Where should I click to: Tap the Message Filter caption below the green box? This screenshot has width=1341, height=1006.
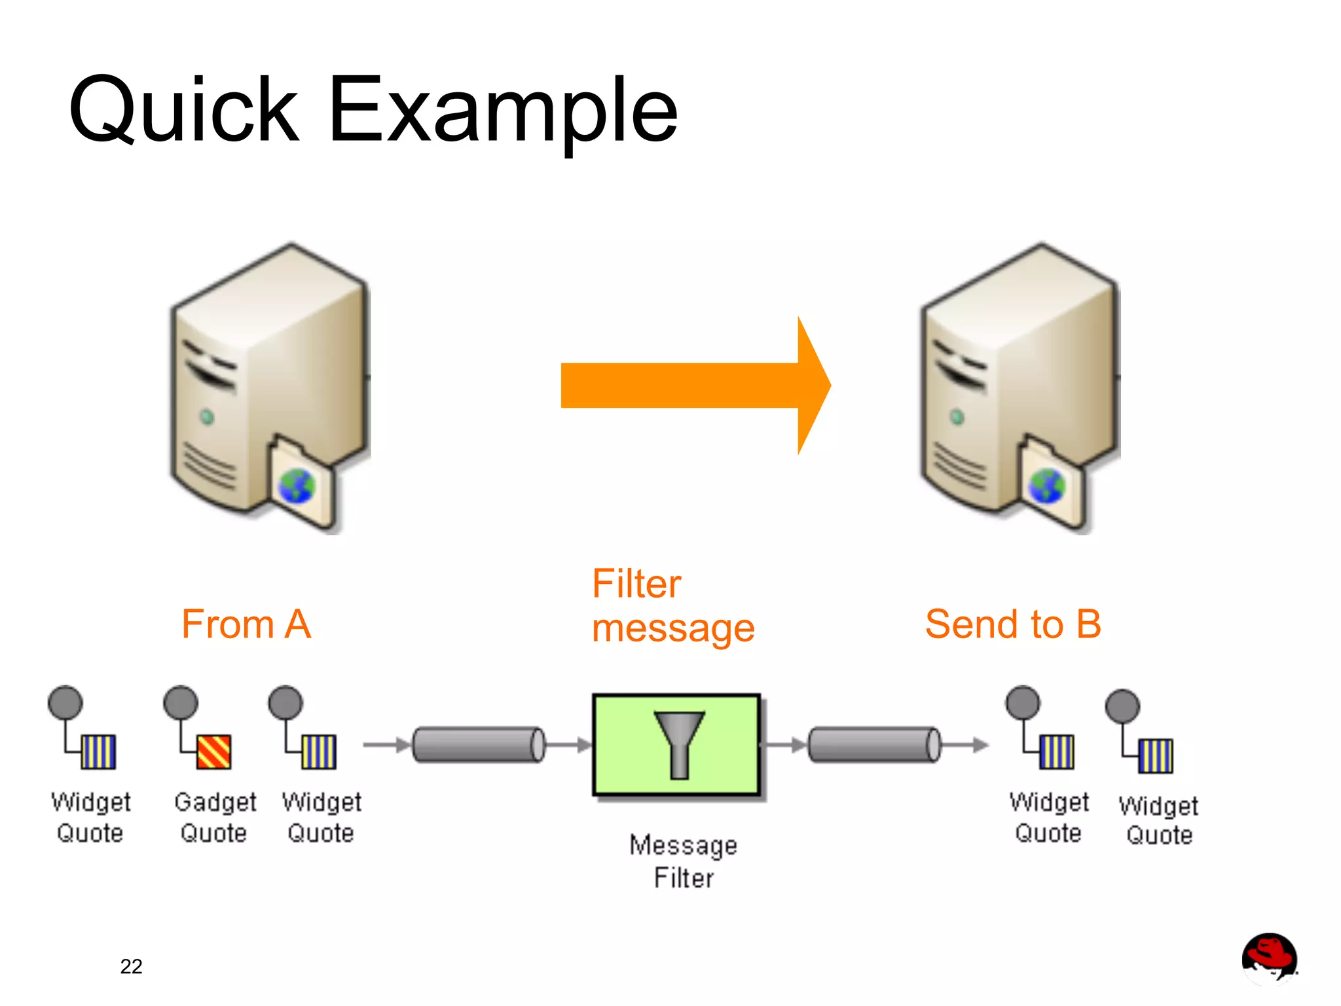[683, 861]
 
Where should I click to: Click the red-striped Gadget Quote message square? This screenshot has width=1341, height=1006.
[213, 752]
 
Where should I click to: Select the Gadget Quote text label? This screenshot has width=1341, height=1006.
[215, 817]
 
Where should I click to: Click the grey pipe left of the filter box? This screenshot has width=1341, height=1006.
[479, 745]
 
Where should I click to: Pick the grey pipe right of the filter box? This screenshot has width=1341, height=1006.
[874, 745]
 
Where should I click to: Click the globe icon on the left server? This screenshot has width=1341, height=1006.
[297, 486]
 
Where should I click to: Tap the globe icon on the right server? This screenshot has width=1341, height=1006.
[1047, 486]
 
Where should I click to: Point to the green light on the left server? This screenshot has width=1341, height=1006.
[207, 417]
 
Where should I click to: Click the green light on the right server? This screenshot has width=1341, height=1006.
[957, 417]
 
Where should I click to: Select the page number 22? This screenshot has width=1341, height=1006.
[131, 966]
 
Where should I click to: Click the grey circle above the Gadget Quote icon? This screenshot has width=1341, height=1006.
[181, 702]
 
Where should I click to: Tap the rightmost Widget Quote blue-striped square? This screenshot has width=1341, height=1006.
[1155, 756]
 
